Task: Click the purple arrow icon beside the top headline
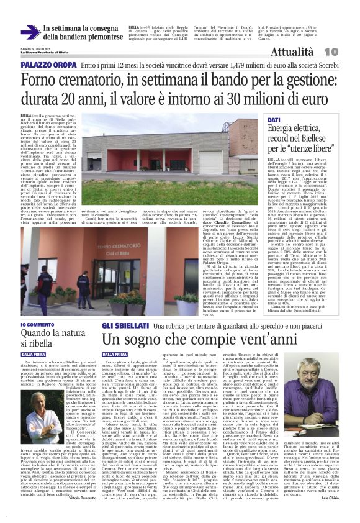click(30, 32)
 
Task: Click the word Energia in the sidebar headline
click(284, 128)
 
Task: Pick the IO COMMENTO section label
click(38, 325)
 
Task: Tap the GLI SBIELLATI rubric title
click(124, 325)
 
